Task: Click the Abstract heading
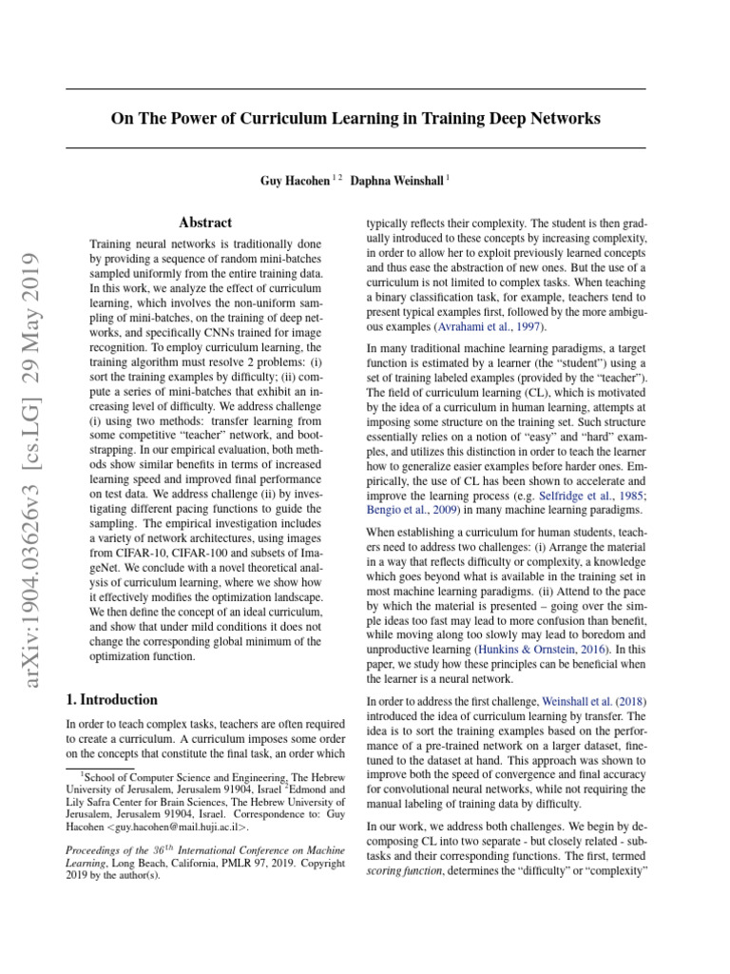(x=205, y=223)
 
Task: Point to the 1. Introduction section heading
(x=112, y=700)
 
